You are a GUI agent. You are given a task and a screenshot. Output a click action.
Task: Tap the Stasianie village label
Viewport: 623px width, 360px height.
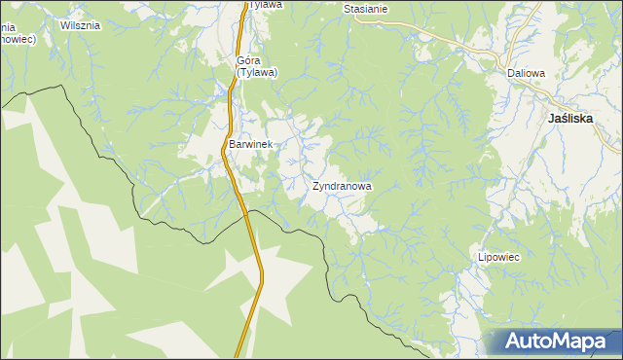click(x=366, y=9)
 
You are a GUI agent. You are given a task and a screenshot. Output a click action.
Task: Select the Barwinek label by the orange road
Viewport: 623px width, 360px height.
click(x=251, y=144)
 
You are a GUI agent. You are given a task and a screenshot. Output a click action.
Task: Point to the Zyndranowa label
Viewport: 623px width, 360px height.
click(x=342, y=185)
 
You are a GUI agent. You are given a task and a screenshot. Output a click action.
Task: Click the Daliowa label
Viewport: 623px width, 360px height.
click(x=526, y=73)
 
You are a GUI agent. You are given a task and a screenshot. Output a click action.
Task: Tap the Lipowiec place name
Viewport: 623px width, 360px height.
click(x=500, y=258)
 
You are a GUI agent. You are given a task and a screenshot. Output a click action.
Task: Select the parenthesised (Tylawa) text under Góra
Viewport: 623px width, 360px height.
click(x=257, y=71)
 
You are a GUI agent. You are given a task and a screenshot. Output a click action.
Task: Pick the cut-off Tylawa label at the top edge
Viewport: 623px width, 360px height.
click(x=265, y=5)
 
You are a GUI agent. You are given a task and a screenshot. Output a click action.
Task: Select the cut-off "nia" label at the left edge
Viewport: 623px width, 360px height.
click(x=7, y=25)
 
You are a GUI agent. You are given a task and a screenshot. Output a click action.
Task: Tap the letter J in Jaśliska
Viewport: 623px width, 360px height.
click(x=552, y=117)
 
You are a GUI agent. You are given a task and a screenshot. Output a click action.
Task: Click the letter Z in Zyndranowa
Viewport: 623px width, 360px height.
click(x=316, y=185)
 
